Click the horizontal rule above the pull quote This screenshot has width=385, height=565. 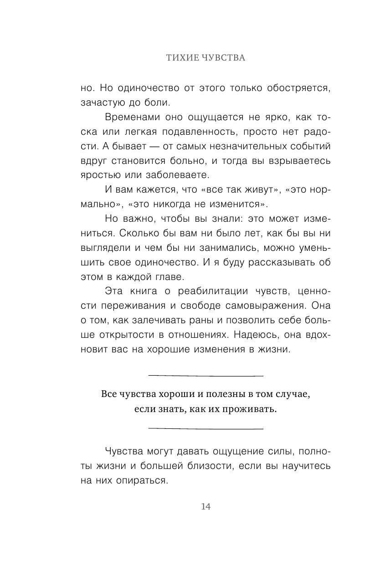coord(206,376)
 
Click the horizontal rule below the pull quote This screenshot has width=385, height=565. coord(206,429)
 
